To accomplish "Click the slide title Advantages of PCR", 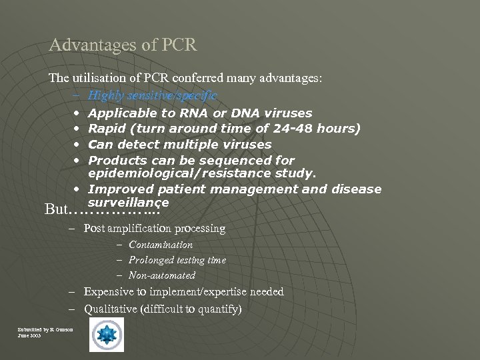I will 123,45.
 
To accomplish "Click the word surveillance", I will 129,201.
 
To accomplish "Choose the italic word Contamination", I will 161,245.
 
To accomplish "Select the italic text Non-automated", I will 162,275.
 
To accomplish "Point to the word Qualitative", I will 111,309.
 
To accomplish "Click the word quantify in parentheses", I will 217,309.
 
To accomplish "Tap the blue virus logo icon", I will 107,335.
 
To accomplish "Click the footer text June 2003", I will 29,335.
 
